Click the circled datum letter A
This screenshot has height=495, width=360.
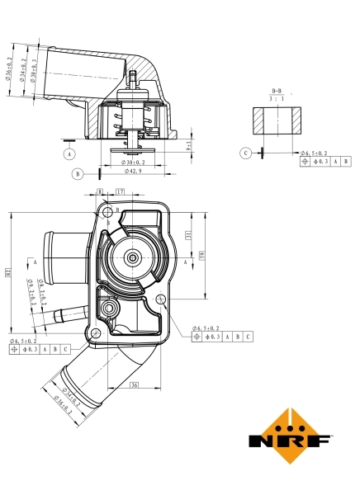pyautogui.click(x=69, y=153)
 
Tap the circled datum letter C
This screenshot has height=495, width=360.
pyautogui.click(x=245, y=153)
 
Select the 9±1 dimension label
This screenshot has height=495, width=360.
pyautogui.click(x=189, y=146)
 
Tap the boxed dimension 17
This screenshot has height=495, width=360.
pyautogui.click(x=121, y=191)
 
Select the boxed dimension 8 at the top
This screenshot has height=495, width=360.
pyautogui.click(x=101, y=191)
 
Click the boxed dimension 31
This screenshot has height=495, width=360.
pyautogui.click(x=189, y=236)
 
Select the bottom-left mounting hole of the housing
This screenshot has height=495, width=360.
pyautogui.click(x=97, y=332)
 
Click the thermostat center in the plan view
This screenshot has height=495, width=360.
pyautogui.click(x=133, y=259)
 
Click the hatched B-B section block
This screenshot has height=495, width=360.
pyautogui.click(x=275, y=120)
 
